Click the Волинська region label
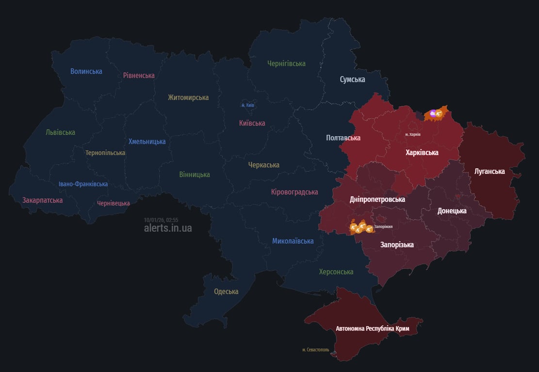[86, 71]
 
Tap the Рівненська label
[139, 76]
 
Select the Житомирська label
[188, 97]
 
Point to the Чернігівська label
[286, 63]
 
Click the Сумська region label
[352, 79]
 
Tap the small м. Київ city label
[247, 105]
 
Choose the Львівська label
[61, 132]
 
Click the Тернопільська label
[105, 153]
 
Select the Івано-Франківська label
[83, 184]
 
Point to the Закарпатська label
[43, 200]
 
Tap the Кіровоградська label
[294, 192]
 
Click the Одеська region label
[226, 292]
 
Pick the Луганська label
[490, 171]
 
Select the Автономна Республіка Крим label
[373, 328]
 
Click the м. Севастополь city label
[315, 350]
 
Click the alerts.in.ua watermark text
[168, 228]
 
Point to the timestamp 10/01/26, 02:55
[161, 219]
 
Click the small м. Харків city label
[413, 134]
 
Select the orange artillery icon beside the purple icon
[439, 114]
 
